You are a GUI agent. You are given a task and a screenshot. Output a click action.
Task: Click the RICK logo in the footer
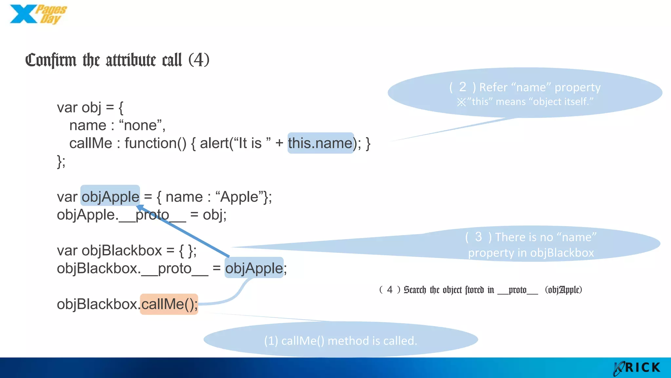(637, 368)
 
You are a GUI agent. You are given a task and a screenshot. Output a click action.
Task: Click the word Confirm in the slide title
(51, 60)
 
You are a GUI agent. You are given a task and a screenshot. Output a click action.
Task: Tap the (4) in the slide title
(199, 60)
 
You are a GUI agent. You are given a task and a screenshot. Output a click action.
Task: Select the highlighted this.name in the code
(320, 143)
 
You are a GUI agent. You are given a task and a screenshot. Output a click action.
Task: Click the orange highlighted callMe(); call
(169, 304)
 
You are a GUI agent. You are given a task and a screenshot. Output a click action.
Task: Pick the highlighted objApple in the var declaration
(110, 197)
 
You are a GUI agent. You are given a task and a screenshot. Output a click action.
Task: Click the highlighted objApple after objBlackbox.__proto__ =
(254, 268)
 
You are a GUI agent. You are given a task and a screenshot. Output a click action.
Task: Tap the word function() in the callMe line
(155, 143)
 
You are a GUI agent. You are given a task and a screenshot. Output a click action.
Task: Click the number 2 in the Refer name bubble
(462, 87)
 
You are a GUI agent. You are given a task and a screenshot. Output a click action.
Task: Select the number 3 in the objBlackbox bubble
(478, 237)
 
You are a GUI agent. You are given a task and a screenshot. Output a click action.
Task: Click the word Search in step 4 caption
(415, 290)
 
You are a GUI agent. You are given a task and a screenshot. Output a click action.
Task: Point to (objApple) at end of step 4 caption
(563, 290)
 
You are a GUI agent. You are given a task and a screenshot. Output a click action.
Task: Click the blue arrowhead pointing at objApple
(140, 208)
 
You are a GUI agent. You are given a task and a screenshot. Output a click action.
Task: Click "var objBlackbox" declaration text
(109, 251)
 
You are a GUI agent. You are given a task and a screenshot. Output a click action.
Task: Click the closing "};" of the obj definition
(61, 161)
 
